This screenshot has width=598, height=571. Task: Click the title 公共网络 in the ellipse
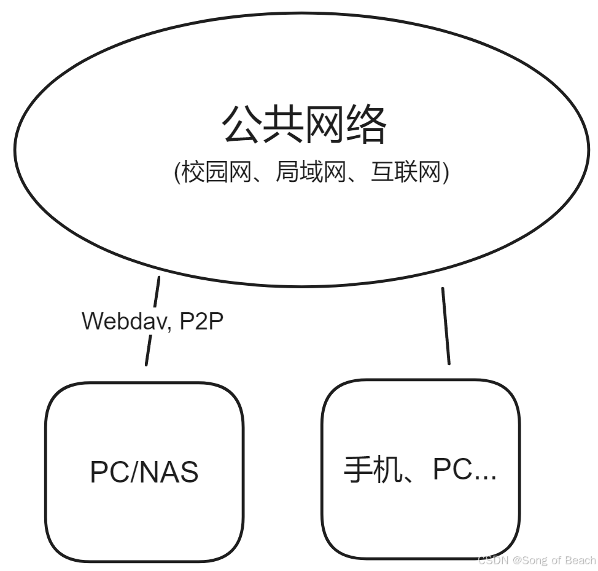304,124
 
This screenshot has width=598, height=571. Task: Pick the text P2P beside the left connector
201,321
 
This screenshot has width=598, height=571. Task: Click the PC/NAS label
144,473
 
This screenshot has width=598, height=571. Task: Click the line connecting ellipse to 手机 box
446,326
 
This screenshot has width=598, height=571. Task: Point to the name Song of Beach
559,560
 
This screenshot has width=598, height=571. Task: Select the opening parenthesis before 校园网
178,173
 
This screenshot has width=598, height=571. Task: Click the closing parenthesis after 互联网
446,173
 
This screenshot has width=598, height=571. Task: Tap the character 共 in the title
283,124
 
